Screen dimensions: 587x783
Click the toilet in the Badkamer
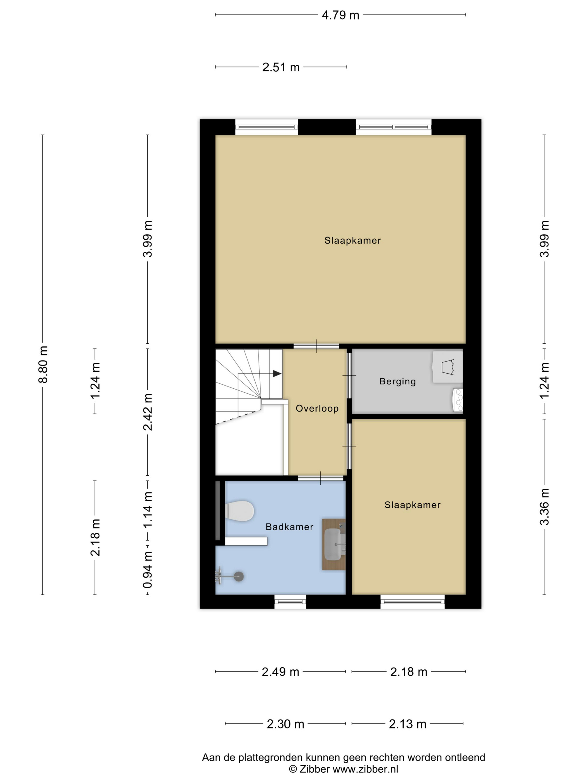pyautogui.click(x=240, y=510)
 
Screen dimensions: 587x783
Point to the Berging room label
pyautogui.click(x=397, y=381)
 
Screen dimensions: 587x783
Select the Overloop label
pyautogui.click(x=317, y=409)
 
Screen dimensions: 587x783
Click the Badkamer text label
pyautogui.click(x=289, y=527)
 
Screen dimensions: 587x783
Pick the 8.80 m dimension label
pyautogui.click(x=43, y=365)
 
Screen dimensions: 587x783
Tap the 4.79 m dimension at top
pyautogui.click(x=340, y=15)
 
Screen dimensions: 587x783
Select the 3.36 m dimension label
pyautogui.click(x=545, y=506)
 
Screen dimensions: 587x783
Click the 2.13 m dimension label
pyautogui.click(x=408, y=724)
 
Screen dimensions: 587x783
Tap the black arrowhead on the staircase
pyautogui.click(x=277, y=373)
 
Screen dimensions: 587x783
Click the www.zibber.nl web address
pyautogui.click(x=366, y=769)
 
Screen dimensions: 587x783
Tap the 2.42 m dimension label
pyautogui.click(x=148, y=412)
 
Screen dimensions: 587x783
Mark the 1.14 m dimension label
pyautogui.click(x=148, y=510)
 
